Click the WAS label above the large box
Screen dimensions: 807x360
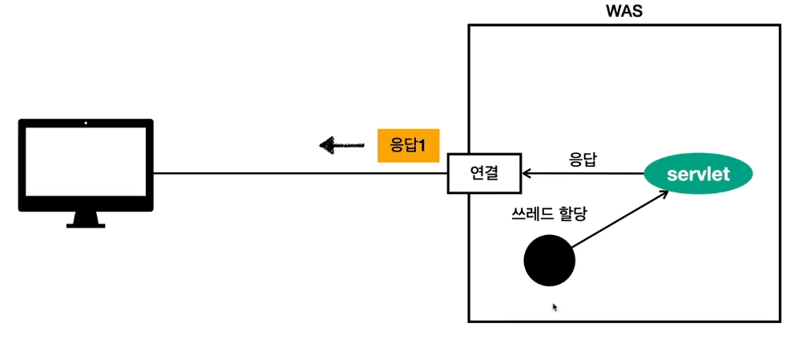(624, 12)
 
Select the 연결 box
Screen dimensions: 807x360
(483, 173)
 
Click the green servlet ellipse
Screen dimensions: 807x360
(699, 174)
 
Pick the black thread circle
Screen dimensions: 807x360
(549, 261)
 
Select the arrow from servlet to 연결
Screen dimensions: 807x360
(585, 173)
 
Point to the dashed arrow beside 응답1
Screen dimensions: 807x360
(341, 145)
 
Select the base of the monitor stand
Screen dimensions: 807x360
(86, 224)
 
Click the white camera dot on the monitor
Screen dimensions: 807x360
(86, 124)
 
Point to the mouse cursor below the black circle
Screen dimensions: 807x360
(555, 306)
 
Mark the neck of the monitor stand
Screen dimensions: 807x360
(86, 216)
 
